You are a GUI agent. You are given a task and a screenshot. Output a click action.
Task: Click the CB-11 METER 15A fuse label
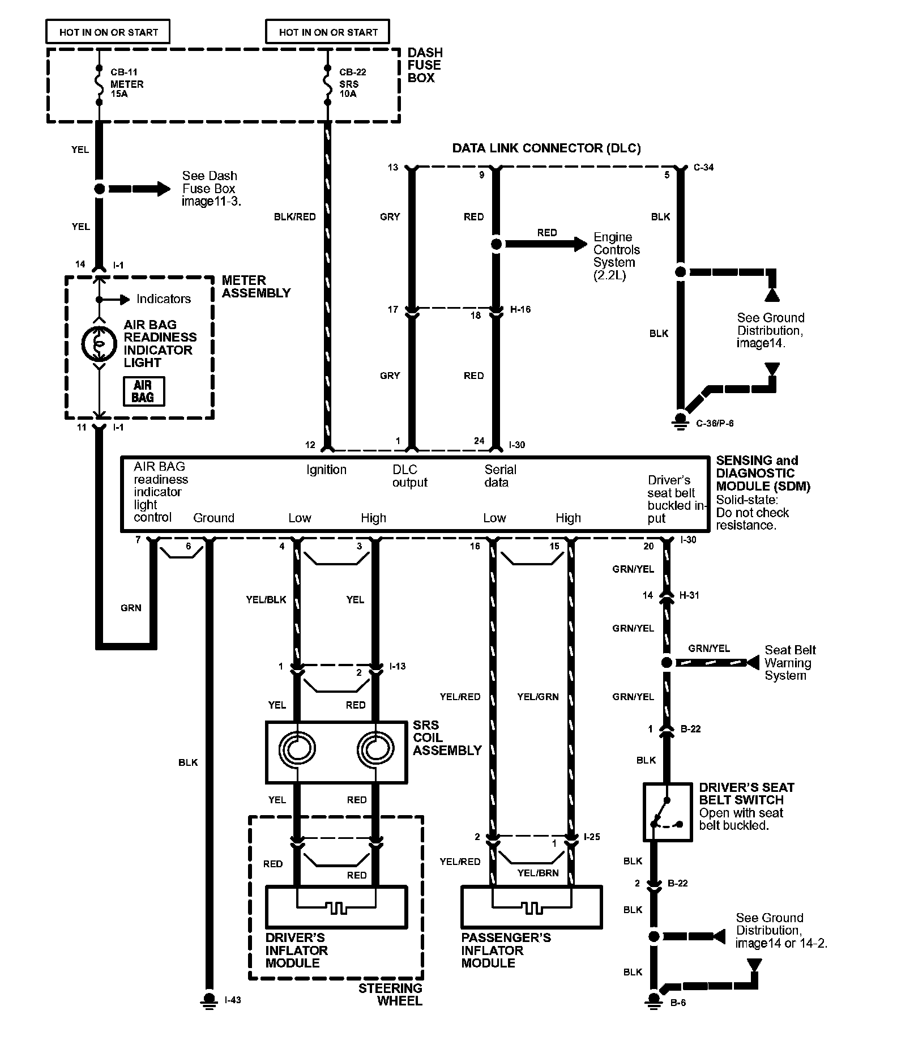tap(127, 84)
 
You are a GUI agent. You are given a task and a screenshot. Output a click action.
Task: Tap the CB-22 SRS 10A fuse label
tap(352, 84)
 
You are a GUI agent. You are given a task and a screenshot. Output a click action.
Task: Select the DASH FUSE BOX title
tap(425, 65)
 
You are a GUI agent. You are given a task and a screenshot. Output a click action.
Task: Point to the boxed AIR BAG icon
tap(143, 391)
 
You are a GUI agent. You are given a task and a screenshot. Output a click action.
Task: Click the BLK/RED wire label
tap(294, 216)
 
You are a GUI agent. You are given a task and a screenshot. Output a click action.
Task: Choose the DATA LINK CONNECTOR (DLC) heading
tap(546, 148)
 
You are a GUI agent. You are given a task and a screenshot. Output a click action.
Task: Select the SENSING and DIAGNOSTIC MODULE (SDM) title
tap(762, 473)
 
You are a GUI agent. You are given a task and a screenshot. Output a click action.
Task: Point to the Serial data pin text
tap(500, 476)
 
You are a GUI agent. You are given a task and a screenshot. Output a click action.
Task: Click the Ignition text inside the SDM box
tap(326, 470)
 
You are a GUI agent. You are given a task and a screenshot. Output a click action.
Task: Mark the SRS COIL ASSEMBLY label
tap(447, 738)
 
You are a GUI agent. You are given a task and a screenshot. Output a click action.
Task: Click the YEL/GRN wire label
tap(537, 697)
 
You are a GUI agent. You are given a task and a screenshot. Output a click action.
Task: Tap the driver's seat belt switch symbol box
tap(667, 812)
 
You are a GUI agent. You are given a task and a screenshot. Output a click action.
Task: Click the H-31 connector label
tap(689, 595)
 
